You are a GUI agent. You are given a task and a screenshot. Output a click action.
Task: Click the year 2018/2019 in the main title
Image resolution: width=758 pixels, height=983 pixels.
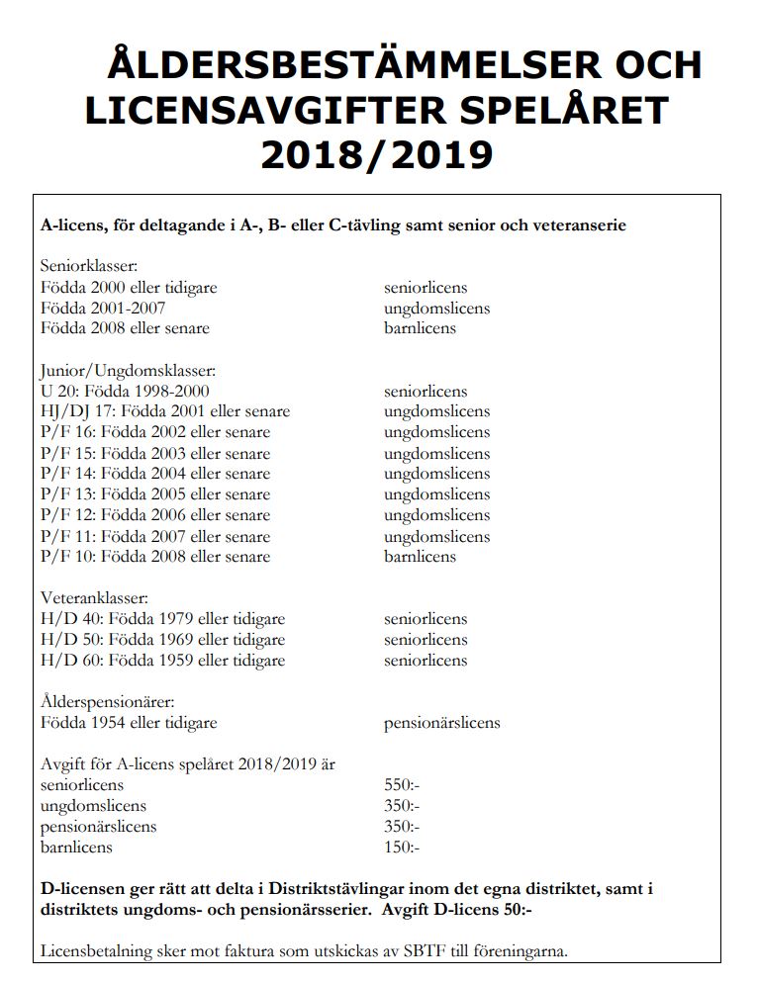pyautogui.click(x=377, y=153)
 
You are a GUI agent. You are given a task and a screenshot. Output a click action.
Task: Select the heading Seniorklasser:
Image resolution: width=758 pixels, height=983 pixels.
pyautogui.click(x=89, y=267)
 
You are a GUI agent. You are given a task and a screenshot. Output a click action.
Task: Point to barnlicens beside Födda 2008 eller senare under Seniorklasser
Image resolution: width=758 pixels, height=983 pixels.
pyautogui.click(x=420, y=328)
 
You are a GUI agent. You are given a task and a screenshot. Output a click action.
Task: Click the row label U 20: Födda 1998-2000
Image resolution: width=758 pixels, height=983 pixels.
pyautogui.click(x=125, y=392)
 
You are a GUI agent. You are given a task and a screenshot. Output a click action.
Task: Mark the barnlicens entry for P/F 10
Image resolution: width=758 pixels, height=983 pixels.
pyautogui.click(x=420, y=557)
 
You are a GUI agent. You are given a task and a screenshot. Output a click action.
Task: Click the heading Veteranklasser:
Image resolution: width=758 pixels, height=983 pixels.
pyautogui.click(x=94, y=598)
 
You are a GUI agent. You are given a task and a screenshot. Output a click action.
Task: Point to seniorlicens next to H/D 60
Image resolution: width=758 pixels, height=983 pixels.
pyautogui.click(x=426, y=661)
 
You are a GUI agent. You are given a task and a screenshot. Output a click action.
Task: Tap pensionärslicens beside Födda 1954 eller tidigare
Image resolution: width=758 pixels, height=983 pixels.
pyautogui.click(x=441, y=723)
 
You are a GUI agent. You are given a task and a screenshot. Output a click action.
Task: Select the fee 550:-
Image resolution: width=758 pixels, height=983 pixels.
pyautogui.click(x=402, y=785)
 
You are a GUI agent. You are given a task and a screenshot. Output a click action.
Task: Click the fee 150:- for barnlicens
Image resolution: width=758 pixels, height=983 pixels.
pyautogui.click(x=402, y=848)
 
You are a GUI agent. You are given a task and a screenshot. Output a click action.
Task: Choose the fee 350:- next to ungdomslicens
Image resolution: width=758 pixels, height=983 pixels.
pyautogui.click(x=402, y=806)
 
